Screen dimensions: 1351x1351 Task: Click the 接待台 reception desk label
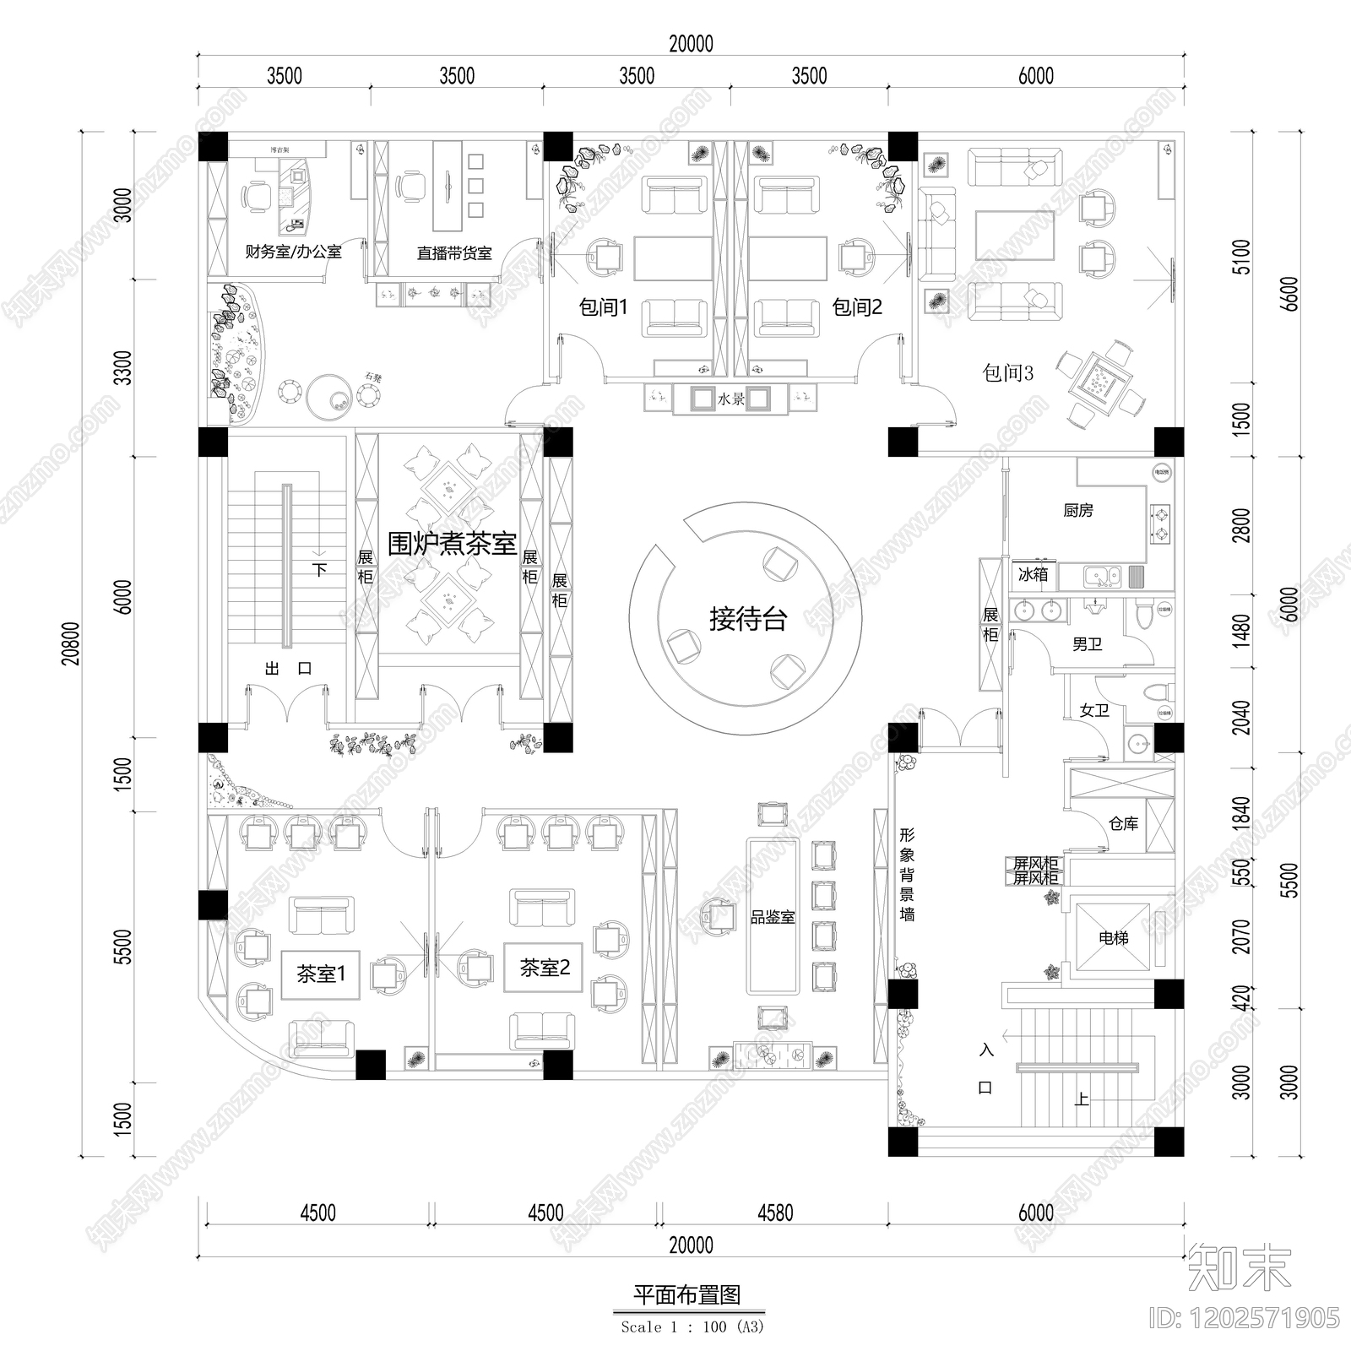point(748,619)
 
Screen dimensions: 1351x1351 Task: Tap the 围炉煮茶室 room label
point(452,544)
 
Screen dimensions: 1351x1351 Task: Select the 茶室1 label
point(321,974)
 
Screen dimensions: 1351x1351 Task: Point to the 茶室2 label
point(545,968)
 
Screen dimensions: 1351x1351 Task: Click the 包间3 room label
point(1007,372)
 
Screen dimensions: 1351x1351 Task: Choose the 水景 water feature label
point(731,399)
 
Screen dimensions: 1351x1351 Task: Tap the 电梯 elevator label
point(1114,937)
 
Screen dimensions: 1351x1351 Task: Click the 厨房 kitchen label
point(1078,511)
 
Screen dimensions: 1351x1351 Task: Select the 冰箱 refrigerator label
point(1033,574)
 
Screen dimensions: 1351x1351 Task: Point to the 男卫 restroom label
point(1088,645)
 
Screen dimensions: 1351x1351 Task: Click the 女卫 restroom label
point(1094,710)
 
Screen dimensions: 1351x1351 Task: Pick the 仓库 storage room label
point(1123,823)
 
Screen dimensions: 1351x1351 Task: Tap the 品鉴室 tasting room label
point(773,917)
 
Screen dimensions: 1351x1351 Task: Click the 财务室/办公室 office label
point(293,252)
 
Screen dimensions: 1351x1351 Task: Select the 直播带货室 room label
point(454,252)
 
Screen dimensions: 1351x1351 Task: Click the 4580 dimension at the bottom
point(775,1213)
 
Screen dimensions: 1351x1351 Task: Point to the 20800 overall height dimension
point(72,643)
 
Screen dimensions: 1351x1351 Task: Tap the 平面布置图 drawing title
point(687,1295)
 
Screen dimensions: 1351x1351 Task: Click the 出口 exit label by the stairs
point(288,669)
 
